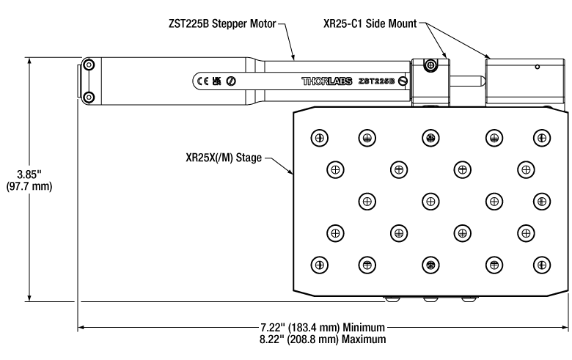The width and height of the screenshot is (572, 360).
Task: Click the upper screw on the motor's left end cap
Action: pos(89,66)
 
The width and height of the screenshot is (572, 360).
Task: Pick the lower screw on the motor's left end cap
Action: pos(89,96)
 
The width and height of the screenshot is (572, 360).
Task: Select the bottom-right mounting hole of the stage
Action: pos(541,264)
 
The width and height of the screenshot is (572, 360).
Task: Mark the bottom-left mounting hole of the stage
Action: pos(319,264)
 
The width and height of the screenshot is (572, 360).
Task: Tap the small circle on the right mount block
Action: pos(538,67)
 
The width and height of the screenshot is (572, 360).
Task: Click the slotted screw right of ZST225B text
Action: pos(403,81)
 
